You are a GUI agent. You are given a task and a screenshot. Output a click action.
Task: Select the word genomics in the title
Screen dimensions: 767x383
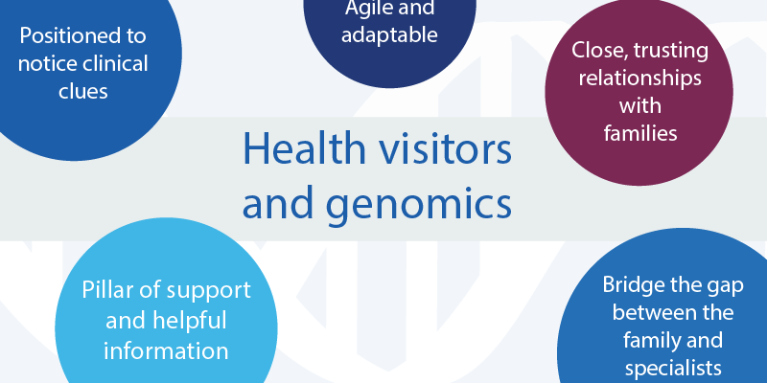(x=419, y=205)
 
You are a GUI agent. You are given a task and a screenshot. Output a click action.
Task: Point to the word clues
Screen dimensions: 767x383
(x=83, y=91)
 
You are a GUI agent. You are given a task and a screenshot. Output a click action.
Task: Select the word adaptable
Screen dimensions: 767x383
(x=389, y=35)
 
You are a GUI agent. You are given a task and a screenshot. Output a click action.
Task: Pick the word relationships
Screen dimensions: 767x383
(x=639, y=79)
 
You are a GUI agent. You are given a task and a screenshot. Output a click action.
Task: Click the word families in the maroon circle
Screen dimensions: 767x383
(x=639, y=133)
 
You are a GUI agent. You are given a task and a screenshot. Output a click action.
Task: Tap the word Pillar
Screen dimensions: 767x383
(x=105, y=290)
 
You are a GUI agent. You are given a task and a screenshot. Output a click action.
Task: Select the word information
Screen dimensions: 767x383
(x=166, y=351)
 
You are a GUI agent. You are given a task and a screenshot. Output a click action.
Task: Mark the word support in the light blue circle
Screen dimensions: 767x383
(x=209, y=291)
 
